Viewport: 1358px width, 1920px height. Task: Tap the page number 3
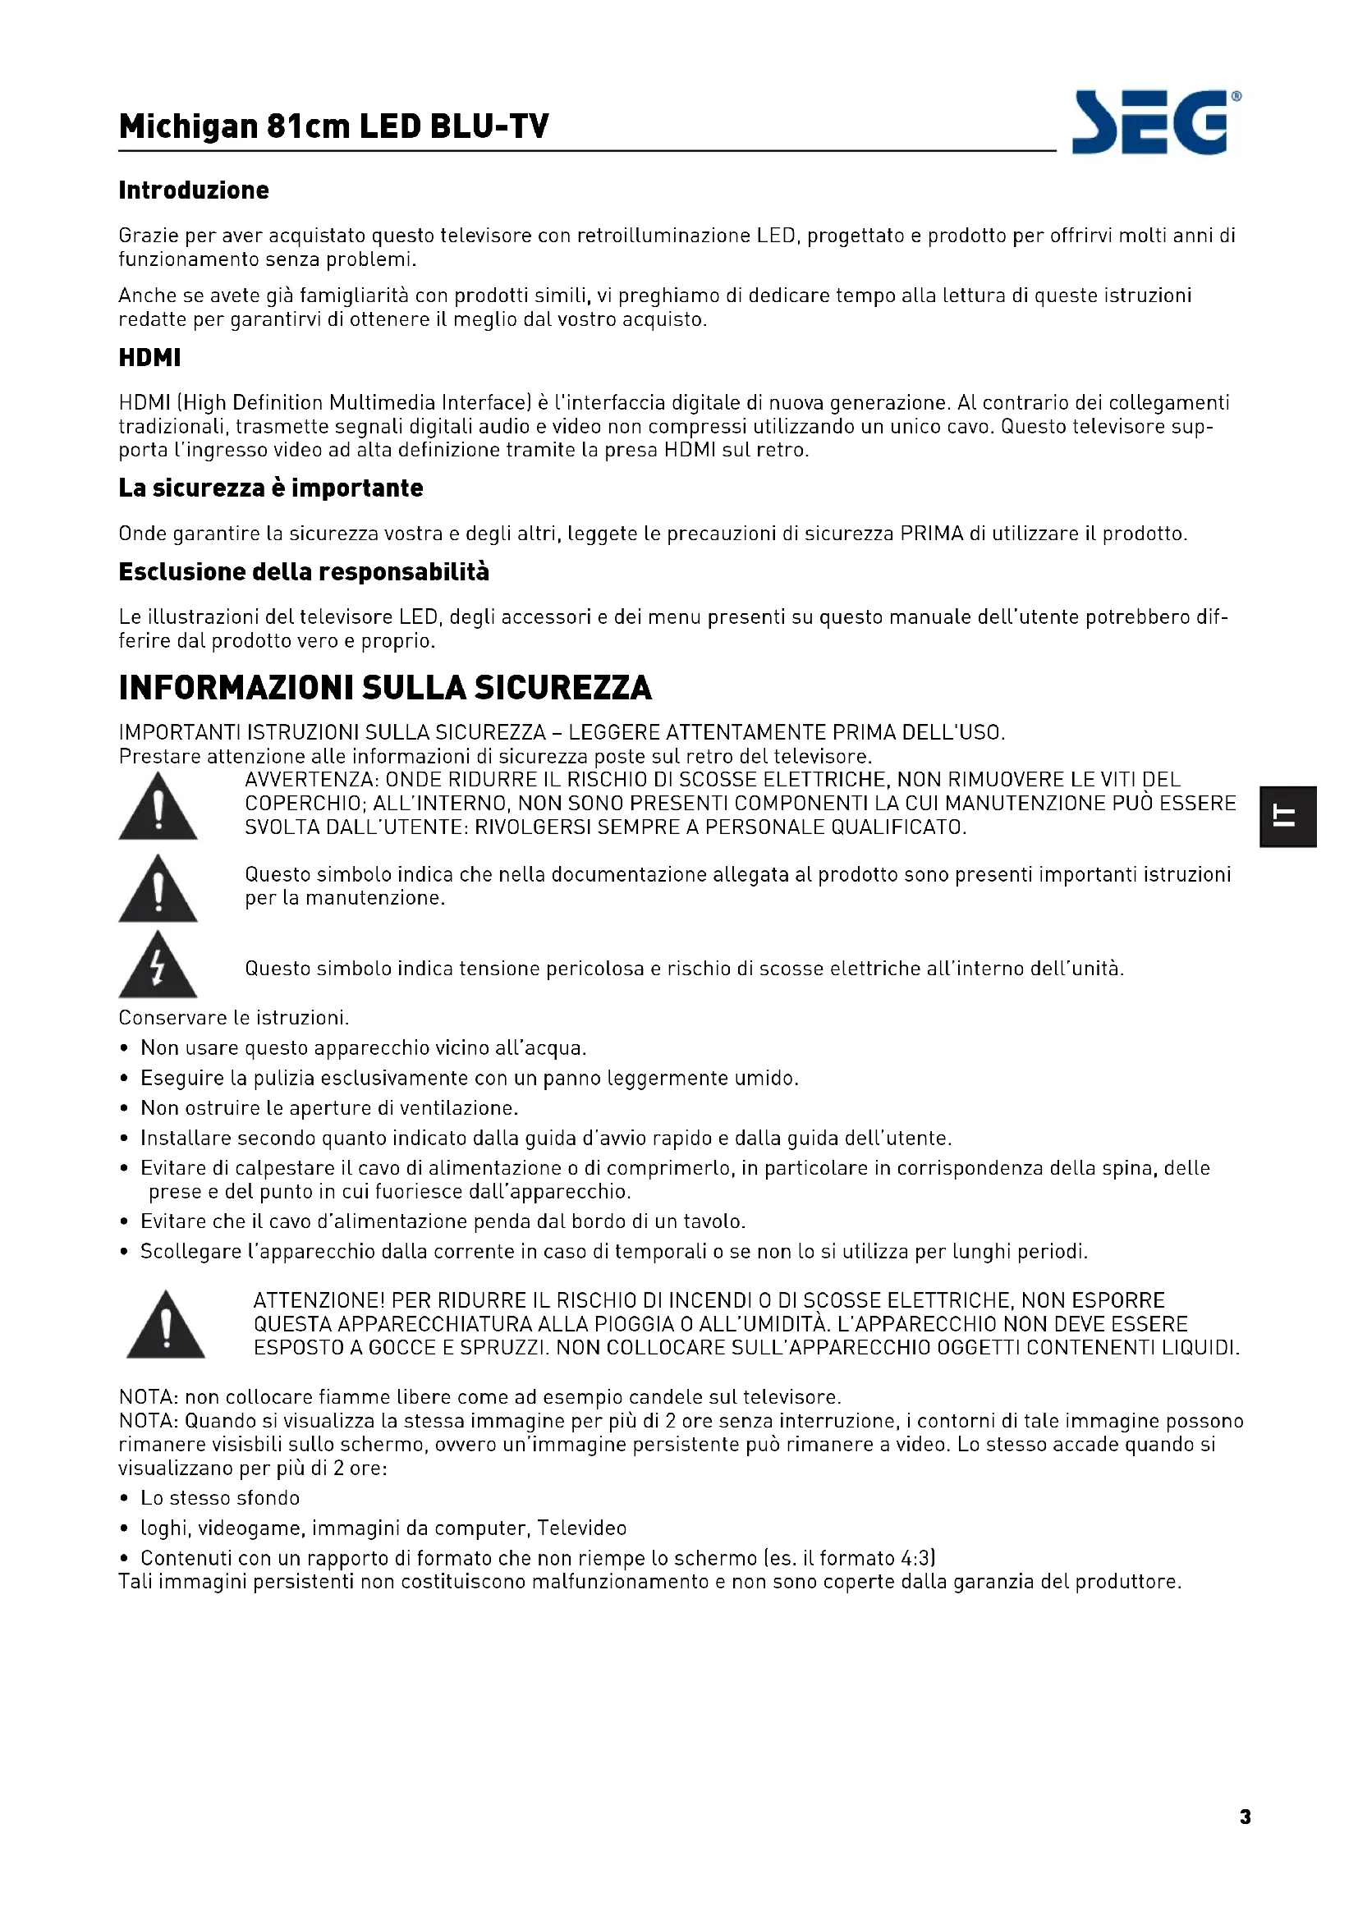[x=1246, y=1817]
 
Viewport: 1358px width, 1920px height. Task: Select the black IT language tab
[x=1288, y=816]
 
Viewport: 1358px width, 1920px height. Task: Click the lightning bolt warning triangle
[x=158, y=967]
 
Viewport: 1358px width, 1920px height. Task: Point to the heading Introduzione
[x=193, y=190]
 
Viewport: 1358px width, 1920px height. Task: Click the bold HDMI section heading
[x=149, y=358]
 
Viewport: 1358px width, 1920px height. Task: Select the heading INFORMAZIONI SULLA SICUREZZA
[x=384, y=687]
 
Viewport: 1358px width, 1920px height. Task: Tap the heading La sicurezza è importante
[x=270, y=488]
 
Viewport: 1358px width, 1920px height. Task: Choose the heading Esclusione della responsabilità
[x=304, y=572]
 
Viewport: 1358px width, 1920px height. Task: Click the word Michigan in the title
[x=188, y=127]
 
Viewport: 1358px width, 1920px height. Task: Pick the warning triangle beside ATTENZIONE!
[x=166, y=1326]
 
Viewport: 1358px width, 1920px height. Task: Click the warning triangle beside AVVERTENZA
[x=158, y=808]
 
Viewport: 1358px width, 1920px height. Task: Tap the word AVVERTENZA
[x=310, y=780]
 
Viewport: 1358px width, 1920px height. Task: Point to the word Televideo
[x=581, y=1528]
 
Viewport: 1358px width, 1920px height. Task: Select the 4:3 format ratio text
[x=915, y=1559]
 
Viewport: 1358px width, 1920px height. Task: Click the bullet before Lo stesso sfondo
[x=125, y=1500]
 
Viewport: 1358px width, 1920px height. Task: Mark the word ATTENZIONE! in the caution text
[x=319, y=1301]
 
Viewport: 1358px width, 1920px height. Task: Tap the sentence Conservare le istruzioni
[x=233, y=1018]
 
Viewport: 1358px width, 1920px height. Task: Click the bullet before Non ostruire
[x=125, y=1109]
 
